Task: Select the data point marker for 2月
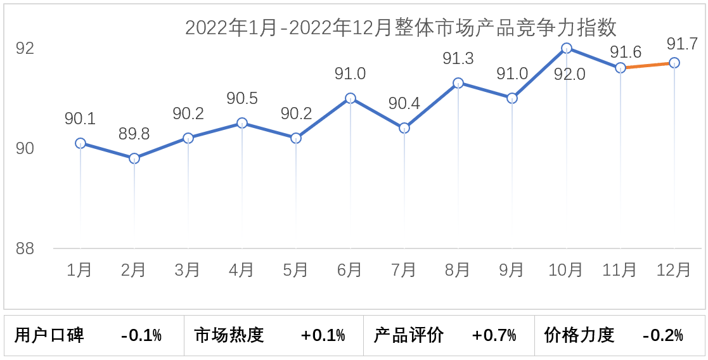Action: point(134,158)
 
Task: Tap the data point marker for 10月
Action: point(567,48)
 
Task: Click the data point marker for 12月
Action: point(674,63)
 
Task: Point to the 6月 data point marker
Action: point(351,98)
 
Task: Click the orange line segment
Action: point(648,65)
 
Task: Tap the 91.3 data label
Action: point(458,59)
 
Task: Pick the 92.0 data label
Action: point(570,75)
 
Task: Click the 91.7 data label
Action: point(682,44)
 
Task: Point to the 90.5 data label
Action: point(242,99)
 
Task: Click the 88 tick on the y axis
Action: point(25,248)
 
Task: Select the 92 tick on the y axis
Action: point(25,49)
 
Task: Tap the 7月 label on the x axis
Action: point(404,270)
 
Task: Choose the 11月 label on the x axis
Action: point(620,270)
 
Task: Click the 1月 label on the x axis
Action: point(80,270)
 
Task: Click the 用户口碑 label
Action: point(49,335)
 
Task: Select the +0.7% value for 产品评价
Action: point(494,335)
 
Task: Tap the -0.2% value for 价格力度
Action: point(664,335)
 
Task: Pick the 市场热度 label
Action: point(229,335)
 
